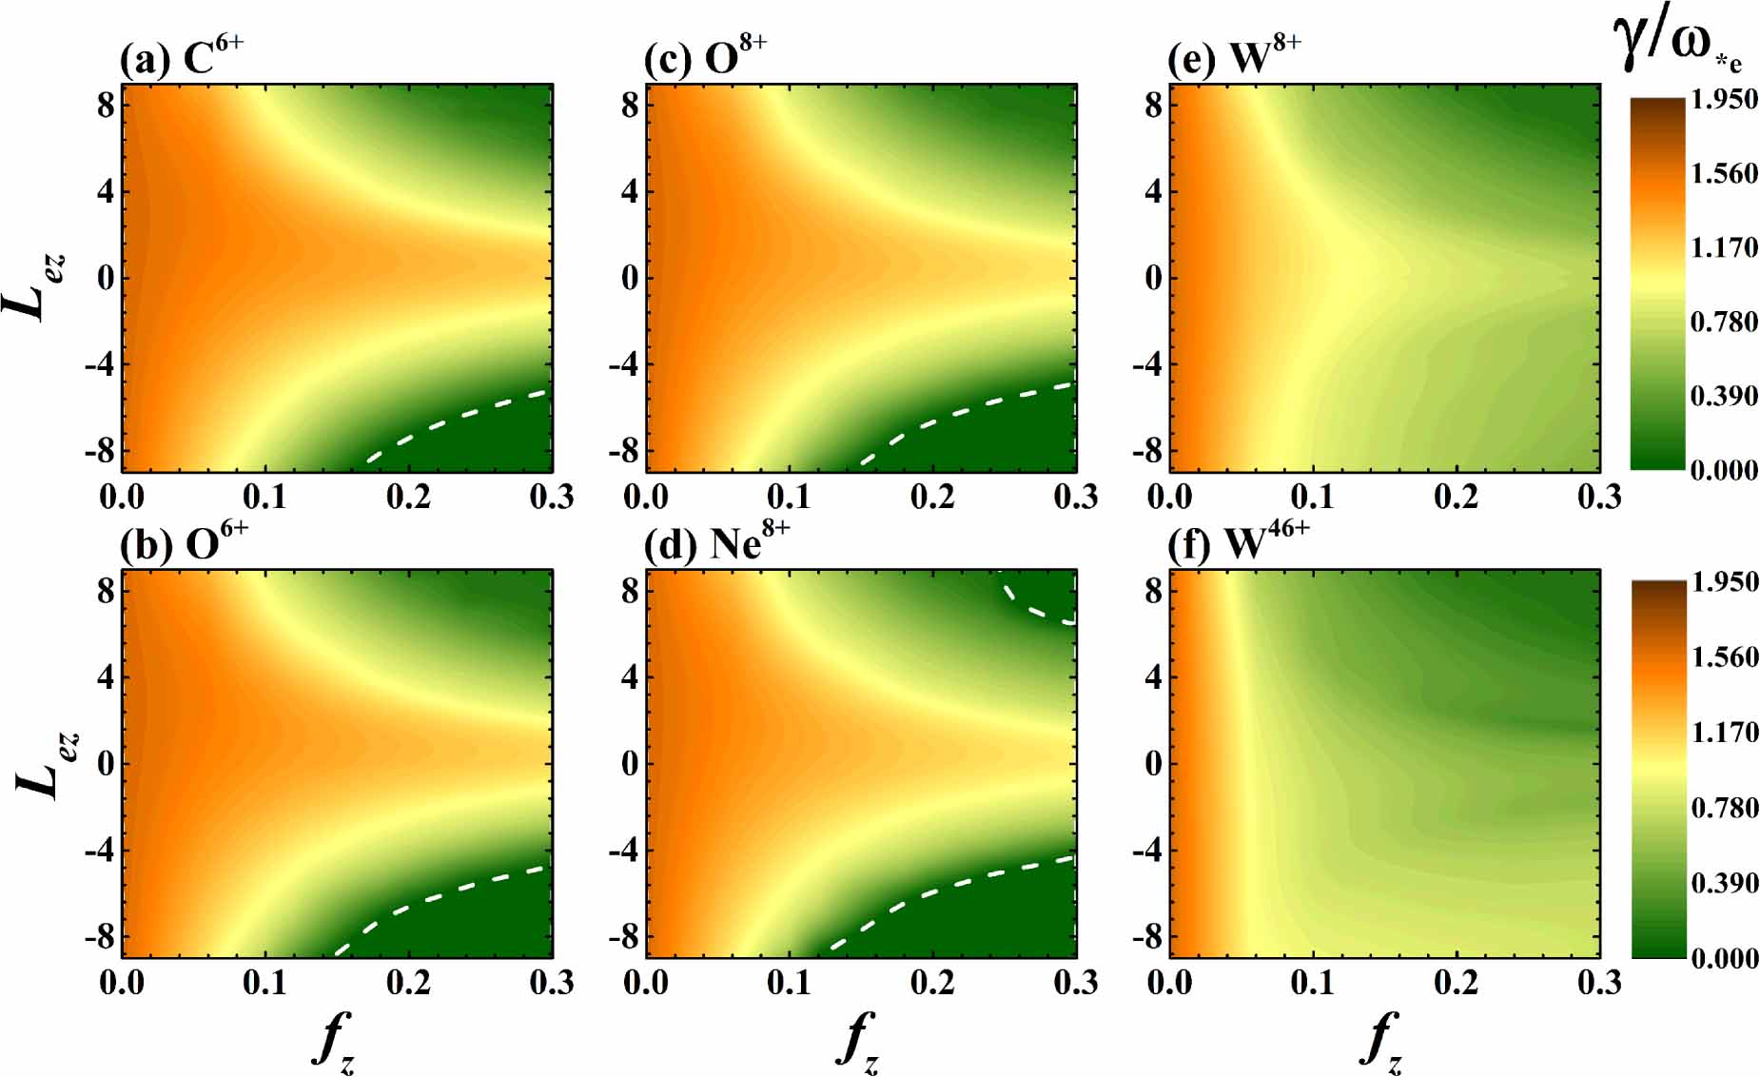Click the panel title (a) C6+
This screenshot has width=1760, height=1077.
(x=181, y=58)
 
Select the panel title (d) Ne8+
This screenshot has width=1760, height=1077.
(x=715, y=544)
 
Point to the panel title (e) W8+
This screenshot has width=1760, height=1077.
(x=1233, y=58)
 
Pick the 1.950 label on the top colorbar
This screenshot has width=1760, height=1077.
(x=1723, y=99)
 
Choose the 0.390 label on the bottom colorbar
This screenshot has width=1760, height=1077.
(x=1724, y=883)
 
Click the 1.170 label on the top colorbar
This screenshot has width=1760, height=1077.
(x=1723, y=247)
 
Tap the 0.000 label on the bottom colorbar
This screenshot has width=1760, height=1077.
(x=1724, y=957)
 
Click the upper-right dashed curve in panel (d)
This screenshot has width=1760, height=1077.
(x=1037, y=607)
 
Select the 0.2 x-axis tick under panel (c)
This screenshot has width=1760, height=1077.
(x=932, y=496)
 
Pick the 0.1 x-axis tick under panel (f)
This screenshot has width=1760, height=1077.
(x=1313, y=982)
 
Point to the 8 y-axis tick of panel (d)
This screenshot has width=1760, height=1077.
(x=630, y=591)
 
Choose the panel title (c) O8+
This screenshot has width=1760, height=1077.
(x=705, y=58)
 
